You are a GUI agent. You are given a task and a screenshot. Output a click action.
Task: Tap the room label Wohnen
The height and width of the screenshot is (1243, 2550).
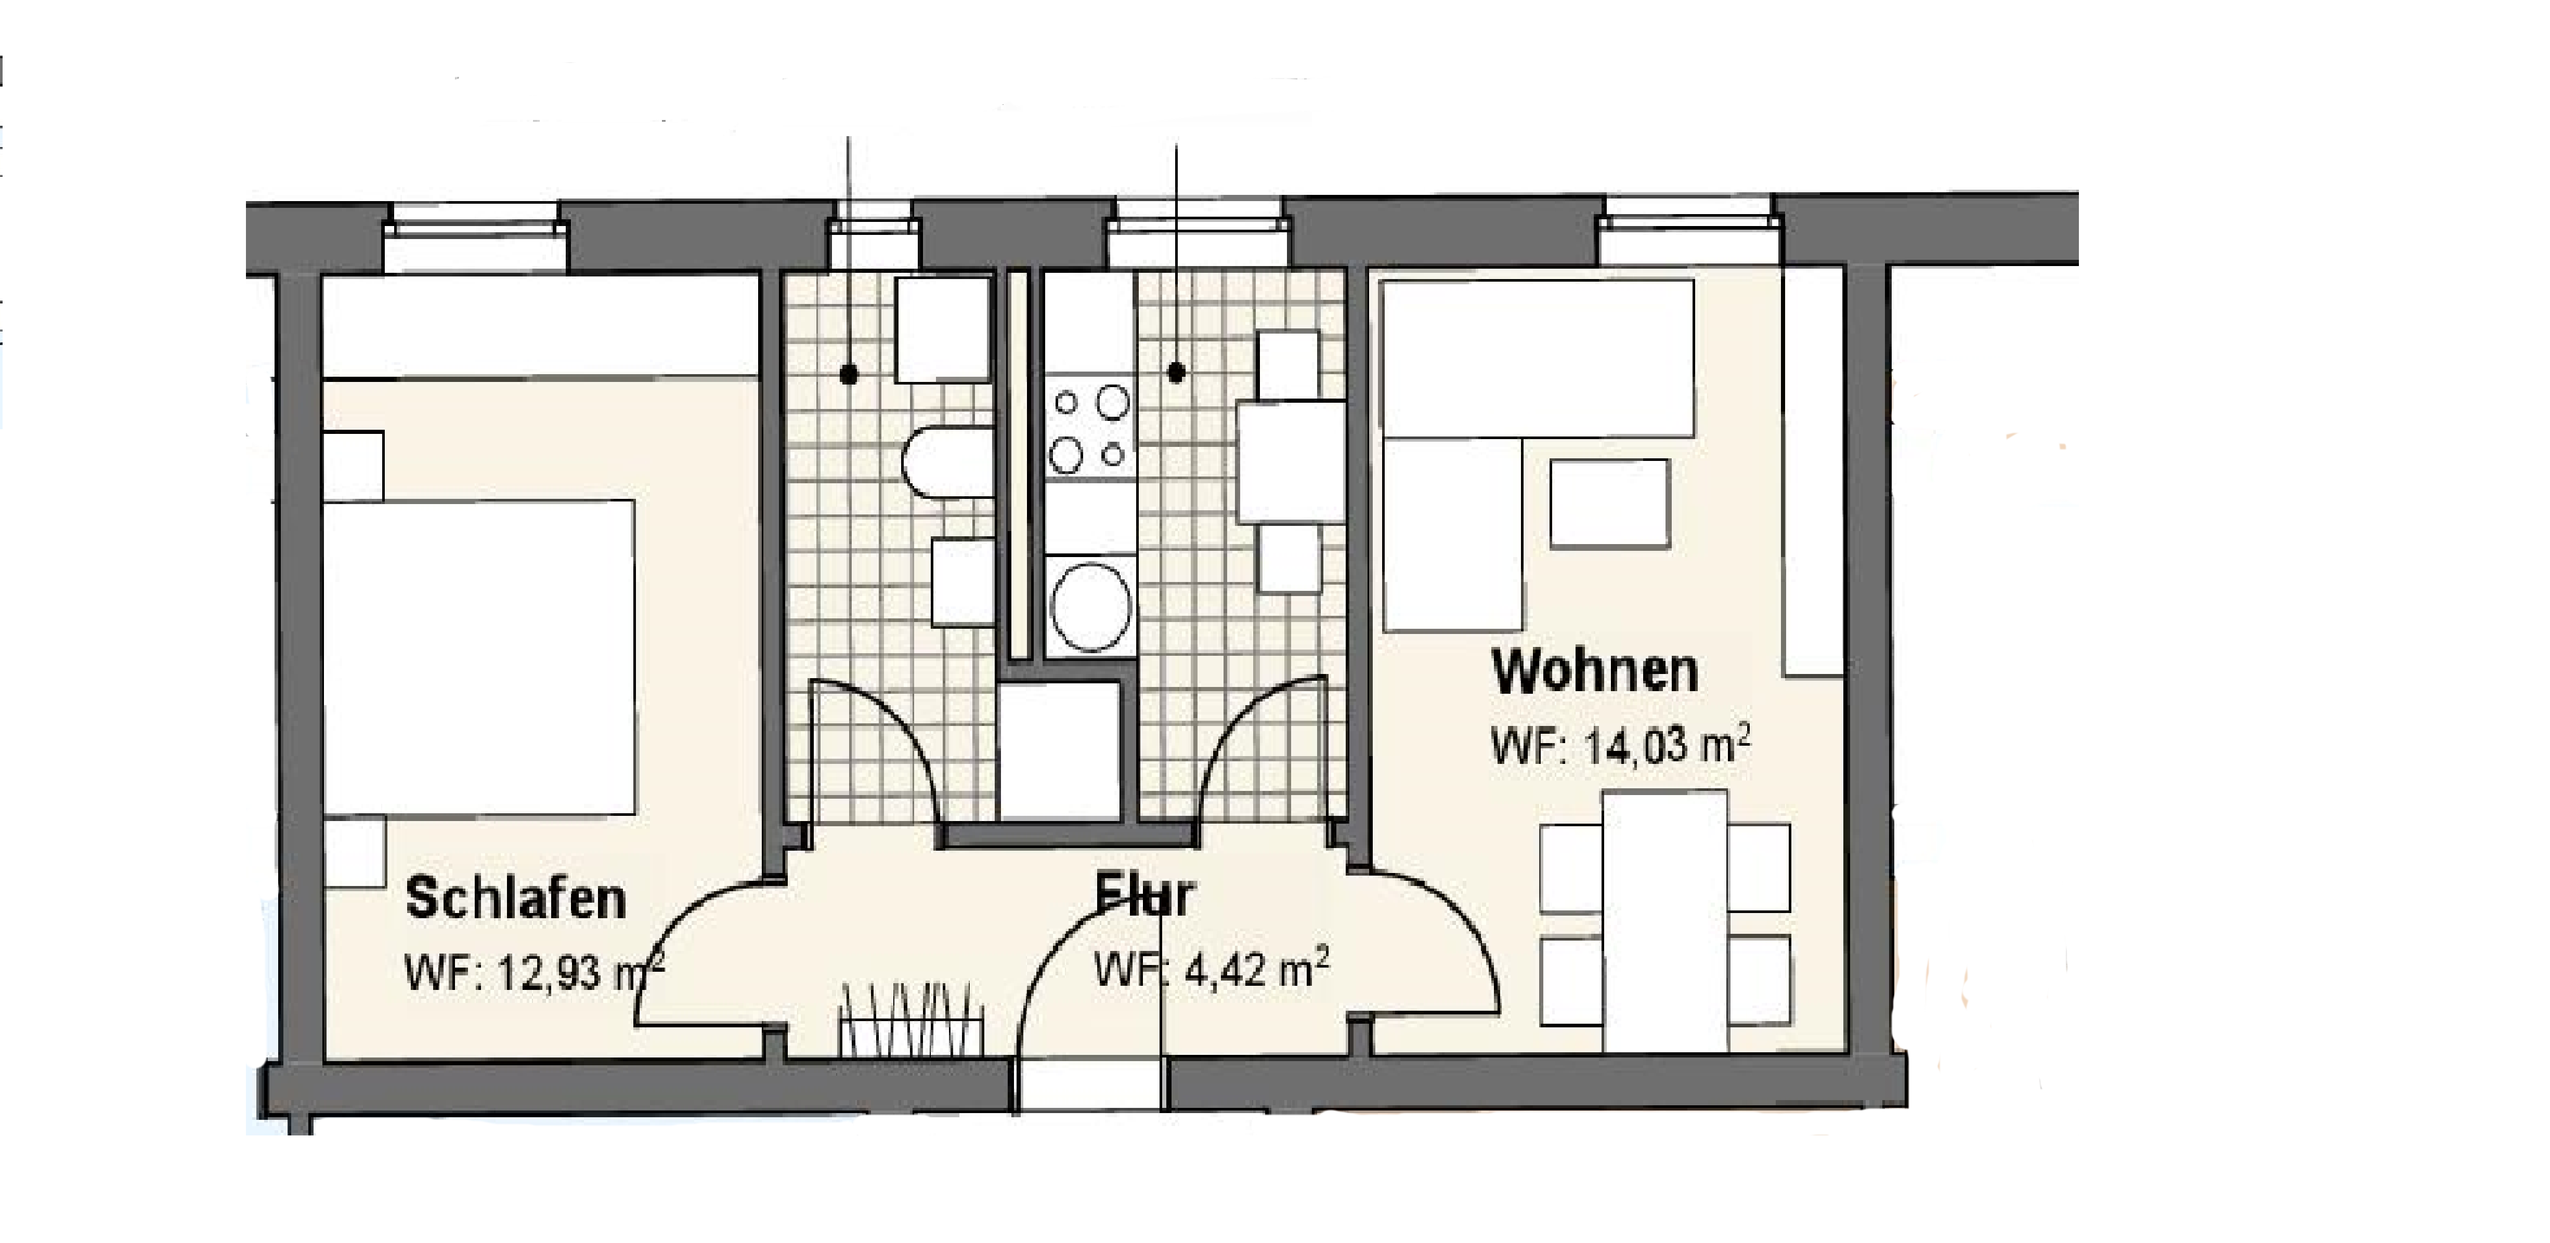(1595, 672)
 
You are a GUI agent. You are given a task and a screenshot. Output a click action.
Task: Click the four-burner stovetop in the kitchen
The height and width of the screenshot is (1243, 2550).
(1090, 428)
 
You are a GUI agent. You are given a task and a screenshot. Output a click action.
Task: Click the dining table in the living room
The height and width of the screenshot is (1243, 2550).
(1665, 920)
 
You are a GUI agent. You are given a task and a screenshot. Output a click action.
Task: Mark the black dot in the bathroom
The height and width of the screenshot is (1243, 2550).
(848, 374)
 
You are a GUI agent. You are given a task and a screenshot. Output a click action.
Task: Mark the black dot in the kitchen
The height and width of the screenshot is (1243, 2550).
(1176, 372)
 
